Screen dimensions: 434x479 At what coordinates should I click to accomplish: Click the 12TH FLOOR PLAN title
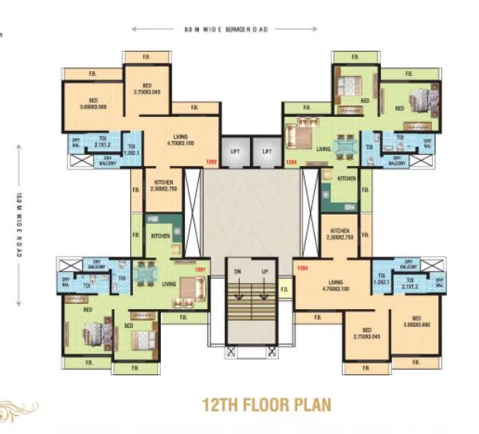[266, 405]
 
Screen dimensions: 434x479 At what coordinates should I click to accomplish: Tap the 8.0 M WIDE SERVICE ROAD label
[225, 29]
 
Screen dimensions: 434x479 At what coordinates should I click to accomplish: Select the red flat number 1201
[200, 270]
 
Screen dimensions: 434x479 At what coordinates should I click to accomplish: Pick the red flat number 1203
[292, 161]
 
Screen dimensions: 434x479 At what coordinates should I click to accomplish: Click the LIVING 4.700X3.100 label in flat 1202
[180, 139]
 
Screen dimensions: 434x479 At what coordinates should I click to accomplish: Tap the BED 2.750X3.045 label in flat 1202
[146, 88]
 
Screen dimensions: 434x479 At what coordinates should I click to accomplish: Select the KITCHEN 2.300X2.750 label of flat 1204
[339, 234]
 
